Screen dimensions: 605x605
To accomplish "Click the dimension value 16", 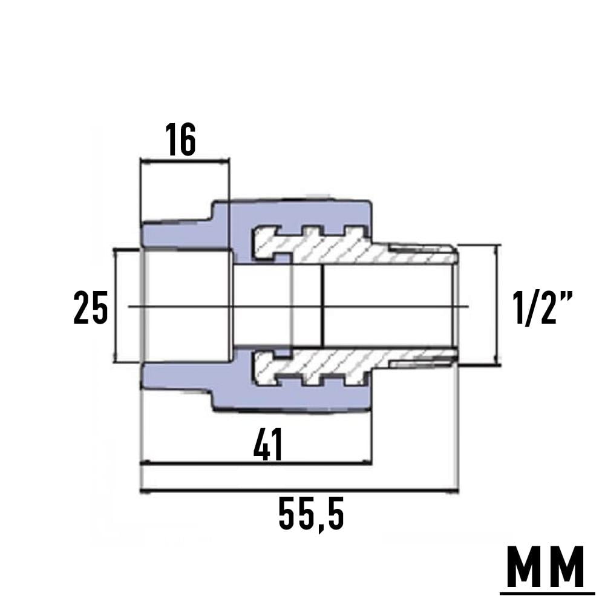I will [180, 141].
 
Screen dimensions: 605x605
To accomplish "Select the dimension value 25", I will [91, 307].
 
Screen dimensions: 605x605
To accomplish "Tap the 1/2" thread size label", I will [541, 307].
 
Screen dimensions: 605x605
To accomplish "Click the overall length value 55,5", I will [311, 515].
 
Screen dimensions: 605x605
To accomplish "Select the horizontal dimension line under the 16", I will [185, 161].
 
